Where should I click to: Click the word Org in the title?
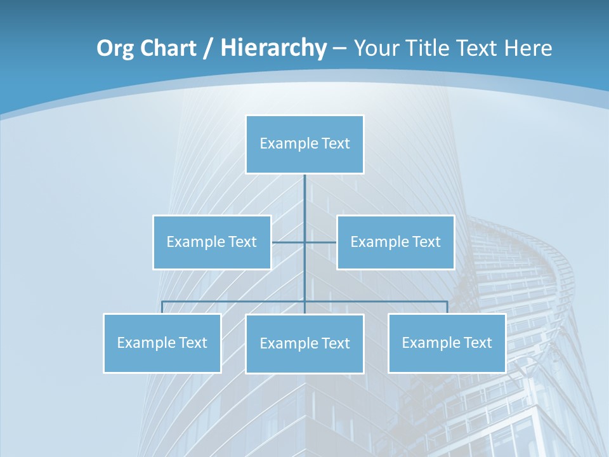(115, 48)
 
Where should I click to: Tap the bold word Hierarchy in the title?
(273, 48)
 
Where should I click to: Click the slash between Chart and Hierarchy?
(208, 48)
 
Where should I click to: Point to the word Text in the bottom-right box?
(477, 343)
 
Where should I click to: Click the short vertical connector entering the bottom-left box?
(162, 307)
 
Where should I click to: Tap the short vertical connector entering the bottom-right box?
(447, 307)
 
